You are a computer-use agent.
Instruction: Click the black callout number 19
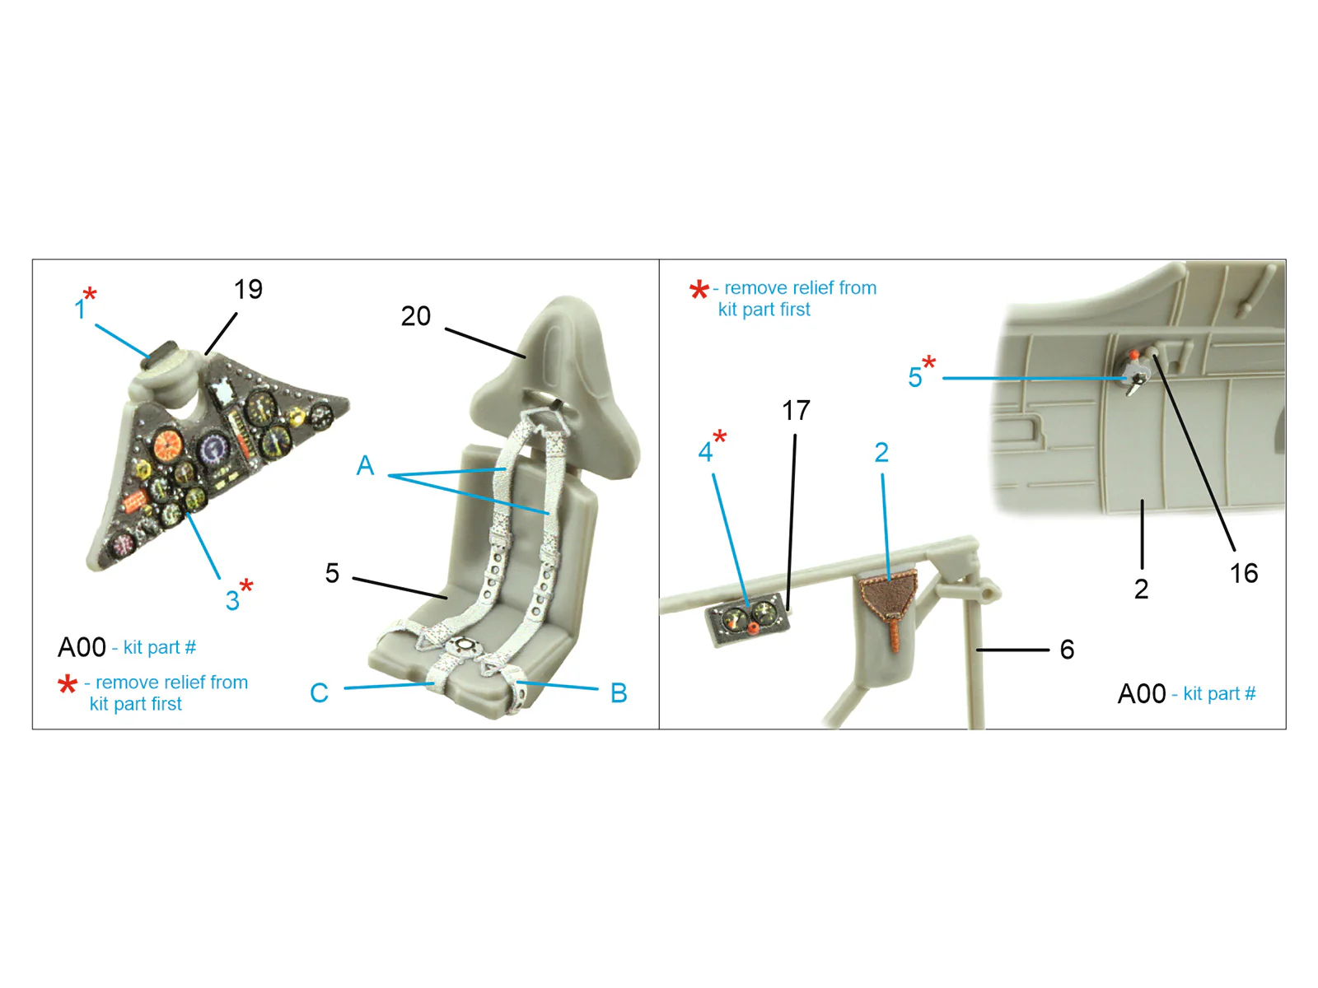pos(248,289)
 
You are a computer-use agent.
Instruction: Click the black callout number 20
pos(415,316)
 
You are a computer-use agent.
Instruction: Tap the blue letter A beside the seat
pos(365,465)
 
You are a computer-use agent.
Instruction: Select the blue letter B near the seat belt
pos(619,693)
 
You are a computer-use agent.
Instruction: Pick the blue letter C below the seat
pos(319,693)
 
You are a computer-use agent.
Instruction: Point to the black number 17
pos(796,411)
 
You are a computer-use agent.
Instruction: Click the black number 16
pos(1244,574)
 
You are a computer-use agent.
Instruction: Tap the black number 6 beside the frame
pos(1067,649)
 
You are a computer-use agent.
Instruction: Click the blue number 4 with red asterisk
pos(705,452)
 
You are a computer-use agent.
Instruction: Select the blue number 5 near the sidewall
pos(914,377)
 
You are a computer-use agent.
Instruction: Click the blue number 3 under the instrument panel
pos(232,600)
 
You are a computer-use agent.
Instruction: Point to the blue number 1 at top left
pos(80,310)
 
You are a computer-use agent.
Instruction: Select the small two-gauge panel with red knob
pos(748,620)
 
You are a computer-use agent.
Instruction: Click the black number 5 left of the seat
pos(332,574)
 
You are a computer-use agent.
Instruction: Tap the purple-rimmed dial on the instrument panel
pos(213,449)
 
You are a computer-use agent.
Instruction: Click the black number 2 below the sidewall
pos(1141,589)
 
